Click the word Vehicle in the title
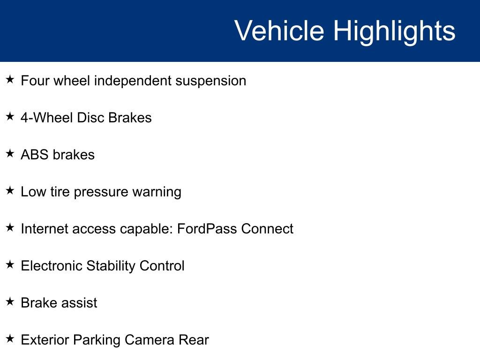point(279,30)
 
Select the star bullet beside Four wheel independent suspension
point(10,79)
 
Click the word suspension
point(210,81)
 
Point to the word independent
point(133,81)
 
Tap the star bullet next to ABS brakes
point(10,153)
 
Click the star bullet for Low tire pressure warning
point(10,190)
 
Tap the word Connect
point(267,229)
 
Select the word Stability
point(111,266)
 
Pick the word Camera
point(150,340)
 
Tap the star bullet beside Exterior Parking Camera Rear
point(10,338)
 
